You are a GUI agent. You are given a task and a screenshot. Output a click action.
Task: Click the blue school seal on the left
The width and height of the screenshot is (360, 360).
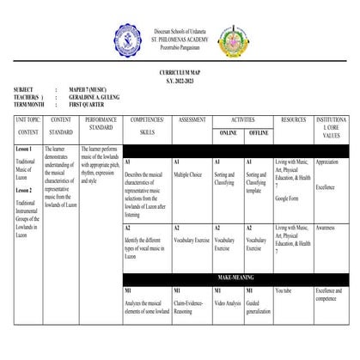129,39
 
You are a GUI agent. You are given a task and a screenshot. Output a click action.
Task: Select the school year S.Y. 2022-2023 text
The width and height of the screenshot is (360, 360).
180,82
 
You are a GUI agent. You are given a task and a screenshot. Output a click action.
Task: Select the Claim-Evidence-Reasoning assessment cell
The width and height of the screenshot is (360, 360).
190,308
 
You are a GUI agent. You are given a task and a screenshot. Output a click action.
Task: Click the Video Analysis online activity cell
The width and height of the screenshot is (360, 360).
228,303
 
